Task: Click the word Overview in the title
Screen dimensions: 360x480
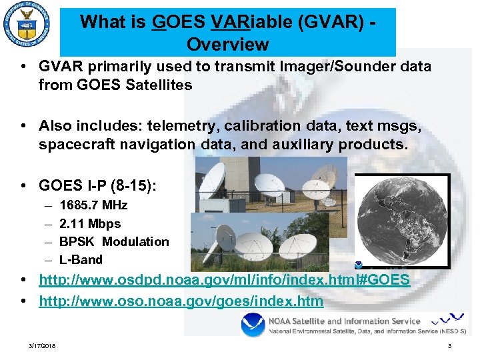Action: coord(228,45)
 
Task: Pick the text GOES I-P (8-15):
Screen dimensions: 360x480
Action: coord(97,185)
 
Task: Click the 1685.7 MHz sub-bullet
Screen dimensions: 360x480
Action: coord(93,205)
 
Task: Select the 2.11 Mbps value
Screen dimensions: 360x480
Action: coord(90,223)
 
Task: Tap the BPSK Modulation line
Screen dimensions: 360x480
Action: coord(114,241)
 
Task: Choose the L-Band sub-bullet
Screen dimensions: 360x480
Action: coord(81,259)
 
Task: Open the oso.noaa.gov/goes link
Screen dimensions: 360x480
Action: coord(181,301)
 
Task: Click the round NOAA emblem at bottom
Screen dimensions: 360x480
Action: coord(253,326)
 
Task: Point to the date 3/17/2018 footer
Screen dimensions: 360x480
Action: coord(43,346)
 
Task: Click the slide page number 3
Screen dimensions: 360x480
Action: coord(449,346)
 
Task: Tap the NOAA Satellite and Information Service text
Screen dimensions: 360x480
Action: coord(344,321)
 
